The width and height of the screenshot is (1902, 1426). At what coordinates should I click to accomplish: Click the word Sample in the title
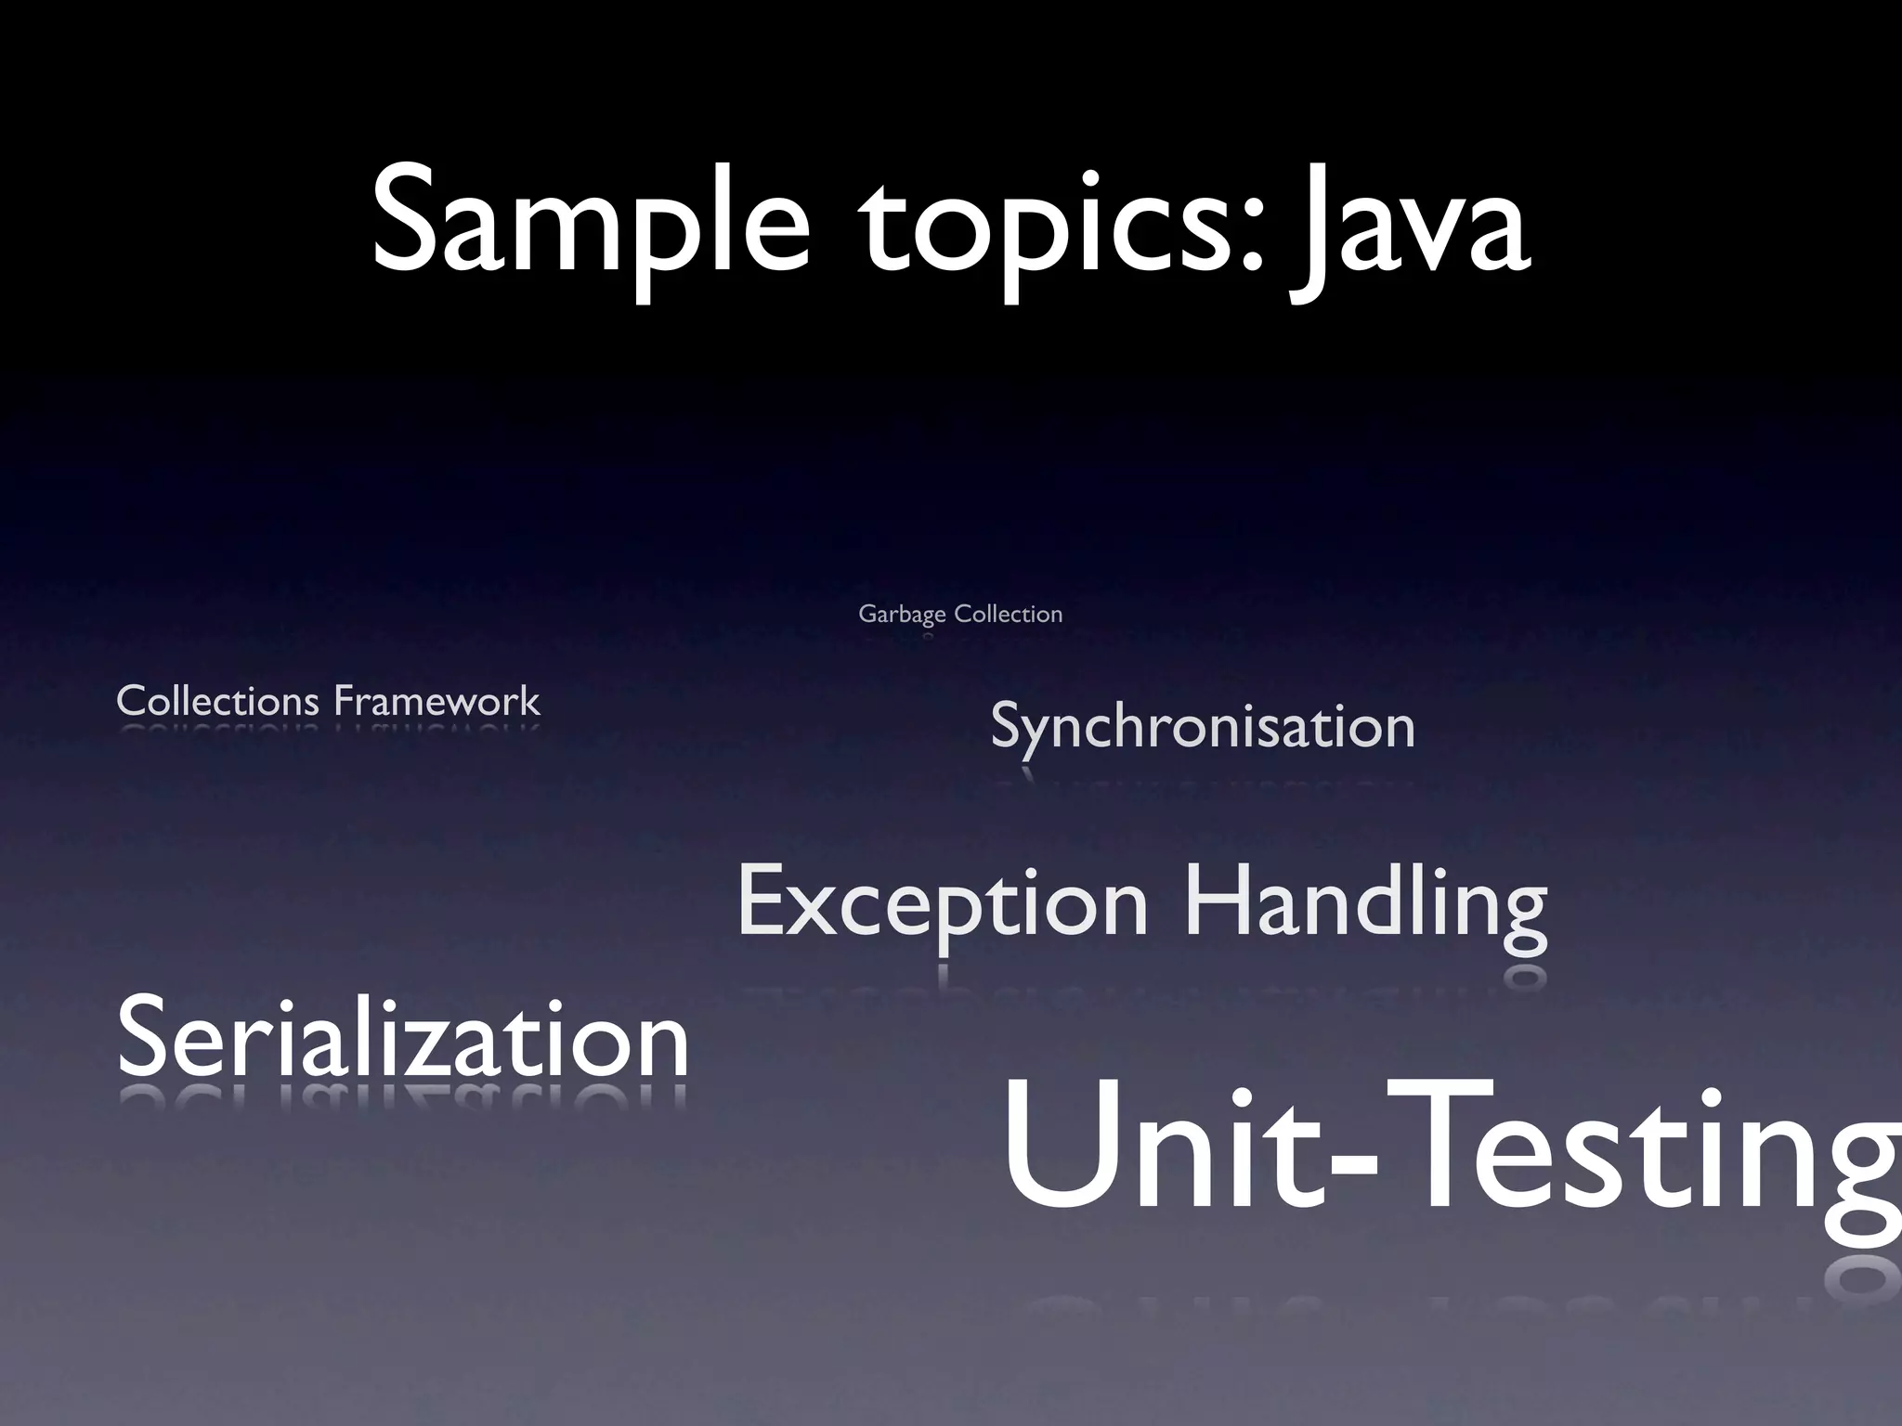[591, 223]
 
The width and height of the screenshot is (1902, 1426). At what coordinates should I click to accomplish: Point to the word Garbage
[902, 615]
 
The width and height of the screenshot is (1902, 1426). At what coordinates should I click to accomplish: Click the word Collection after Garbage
[1009, 614]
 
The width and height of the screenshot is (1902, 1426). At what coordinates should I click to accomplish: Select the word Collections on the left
[217, 701]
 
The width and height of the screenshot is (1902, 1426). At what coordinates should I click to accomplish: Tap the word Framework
[436, 701]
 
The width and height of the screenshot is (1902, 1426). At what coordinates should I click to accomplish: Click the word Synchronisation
[1203, 727]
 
